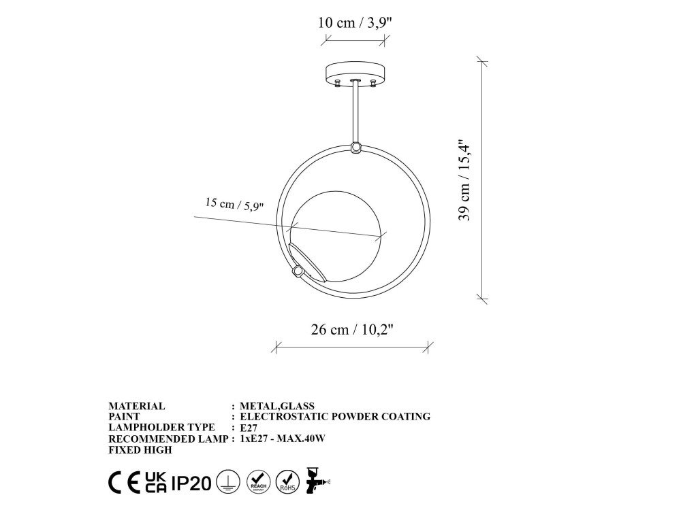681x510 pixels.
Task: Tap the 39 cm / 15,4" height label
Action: click(x=464, y=180)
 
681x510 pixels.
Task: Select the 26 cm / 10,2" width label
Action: click(x=352, y=330)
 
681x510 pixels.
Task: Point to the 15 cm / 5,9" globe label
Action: click(x=234, y=204)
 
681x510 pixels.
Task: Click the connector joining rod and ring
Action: click(x=356, y=147)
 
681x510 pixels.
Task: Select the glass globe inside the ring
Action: click(x=338, y=237)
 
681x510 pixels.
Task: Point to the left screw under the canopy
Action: click(x=338, y=83)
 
